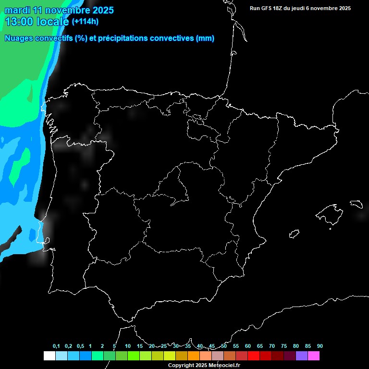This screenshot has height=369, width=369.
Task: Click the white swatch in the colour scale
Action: tap(49, 356)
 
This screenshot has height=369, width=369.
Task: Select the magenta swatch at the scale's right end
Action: tap(314, 356)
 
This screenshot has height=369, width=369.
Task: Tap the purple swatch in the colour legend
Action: tap(302, 356)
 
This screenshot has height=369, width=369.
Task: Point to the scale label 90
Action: tap(320, 346)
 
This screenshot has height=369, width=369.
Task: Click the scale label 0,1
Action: tap(56, 346)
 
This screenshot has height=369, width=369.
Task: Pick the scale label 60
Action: tap(248, 346)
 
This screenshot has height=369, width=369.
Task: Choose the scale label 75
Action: tap(284, 346)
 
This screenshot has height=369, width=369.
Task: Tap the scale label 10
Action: tap(128, 346)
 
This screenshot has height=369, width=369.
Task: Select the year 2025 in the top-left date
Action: tap(102, 10)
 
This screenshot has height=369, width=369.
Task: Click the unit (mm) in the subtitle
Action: tap(205, 38)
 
